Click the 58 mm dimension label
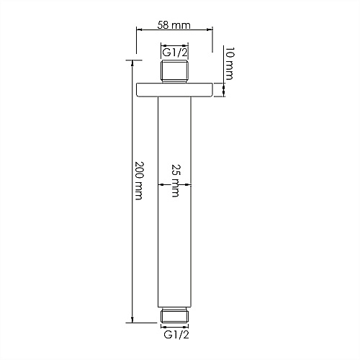click(x=174, y=25)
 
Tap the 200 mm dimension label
click(x=139, y=181)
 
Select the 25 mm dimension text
click(x=176, y=181)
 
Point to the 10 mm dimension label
click(x=230, y=63)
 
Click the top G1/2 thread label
click(x=174, y=53)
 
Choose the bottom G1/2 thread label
click(x=176, y=335)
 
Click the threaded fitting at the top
click(x=174, y=72)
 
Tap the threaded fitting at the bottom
click(x=174, y=315)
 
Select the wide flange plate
click(x=174, y=90)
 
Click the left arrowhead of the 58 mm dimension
click(x=139, y=30)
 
